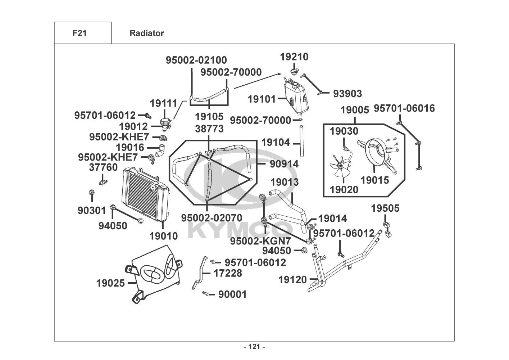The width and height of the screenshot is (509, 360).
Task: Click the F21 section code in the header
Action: click(79, 33)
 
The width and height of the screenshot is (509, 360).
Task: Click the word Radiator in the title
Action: click(147, 33)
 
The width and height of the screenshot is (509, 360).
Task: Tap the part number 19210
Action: click(294, 57)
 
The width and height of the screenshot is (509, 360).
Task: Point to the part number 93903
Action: click(347, 94)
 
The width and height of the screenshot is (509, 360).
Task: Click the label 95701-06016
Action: click(404, 108)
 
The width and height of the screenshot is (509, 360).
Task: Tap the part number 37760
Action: click(103, 167)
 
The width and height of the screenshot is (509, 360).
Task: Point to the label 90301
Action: click(92, 210)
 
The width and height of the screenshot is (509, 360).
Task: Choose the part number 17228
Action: click(228, 273)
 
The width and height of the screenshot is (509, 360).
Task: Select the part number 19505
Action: click(385, 208)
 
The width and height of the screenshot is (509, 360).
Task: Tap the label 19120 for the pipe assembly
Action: click(292, 279)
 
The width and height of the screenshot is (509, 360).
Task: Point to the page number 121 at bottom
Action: click(254, 347)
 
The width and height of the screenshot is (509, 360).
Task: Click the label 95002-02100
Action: click(196, 60)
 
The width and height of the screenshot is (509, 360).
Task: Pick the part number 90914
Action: click(284, 164)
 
